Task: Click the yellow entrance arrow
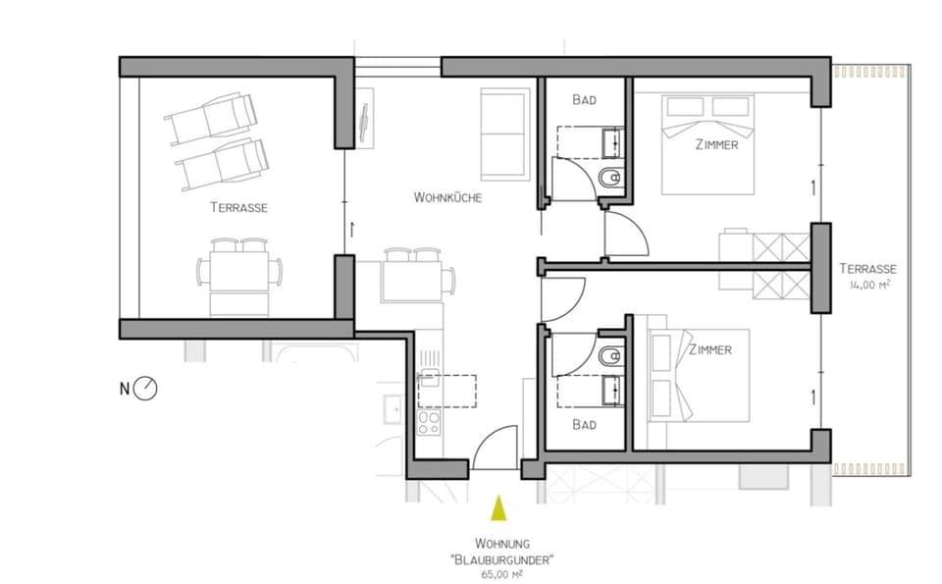click(x=498, y=507)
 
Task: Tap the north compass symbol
click(x=146, y=389)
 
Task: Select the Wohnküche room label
click(x=447, y=197)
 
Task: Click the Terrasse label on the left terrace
click(x=238, y=208)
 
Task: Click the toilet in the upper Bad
click(x=608, y=178)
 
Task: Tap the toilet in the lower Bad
click(x=608, y=354)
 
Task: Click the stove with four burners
click(x=429, y=423)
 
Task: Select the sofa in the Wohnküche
click(x=505, y=133)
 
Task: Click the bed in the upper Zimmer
click(x=707, y=143)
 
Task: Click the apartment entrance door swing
click(x=496, y=448)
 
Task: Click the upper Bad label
click(x=585, y=100)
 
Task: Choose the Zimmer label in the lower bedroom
click(x=709, y=349)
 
